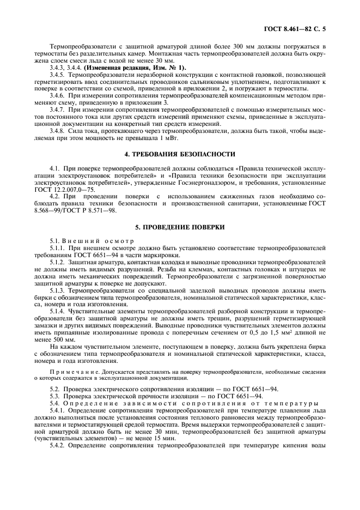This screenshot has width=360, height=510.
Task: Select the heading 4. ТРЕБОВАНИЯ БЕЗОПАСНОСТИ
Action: tap(180, 154)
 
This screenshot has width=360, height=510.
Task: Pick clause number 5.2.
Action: tap(54, 388)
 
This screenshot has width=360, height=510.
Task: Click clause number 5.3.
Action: tap(54, 396)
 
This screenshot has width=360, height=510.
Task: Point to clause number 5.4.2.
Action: tap(58, 445)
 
